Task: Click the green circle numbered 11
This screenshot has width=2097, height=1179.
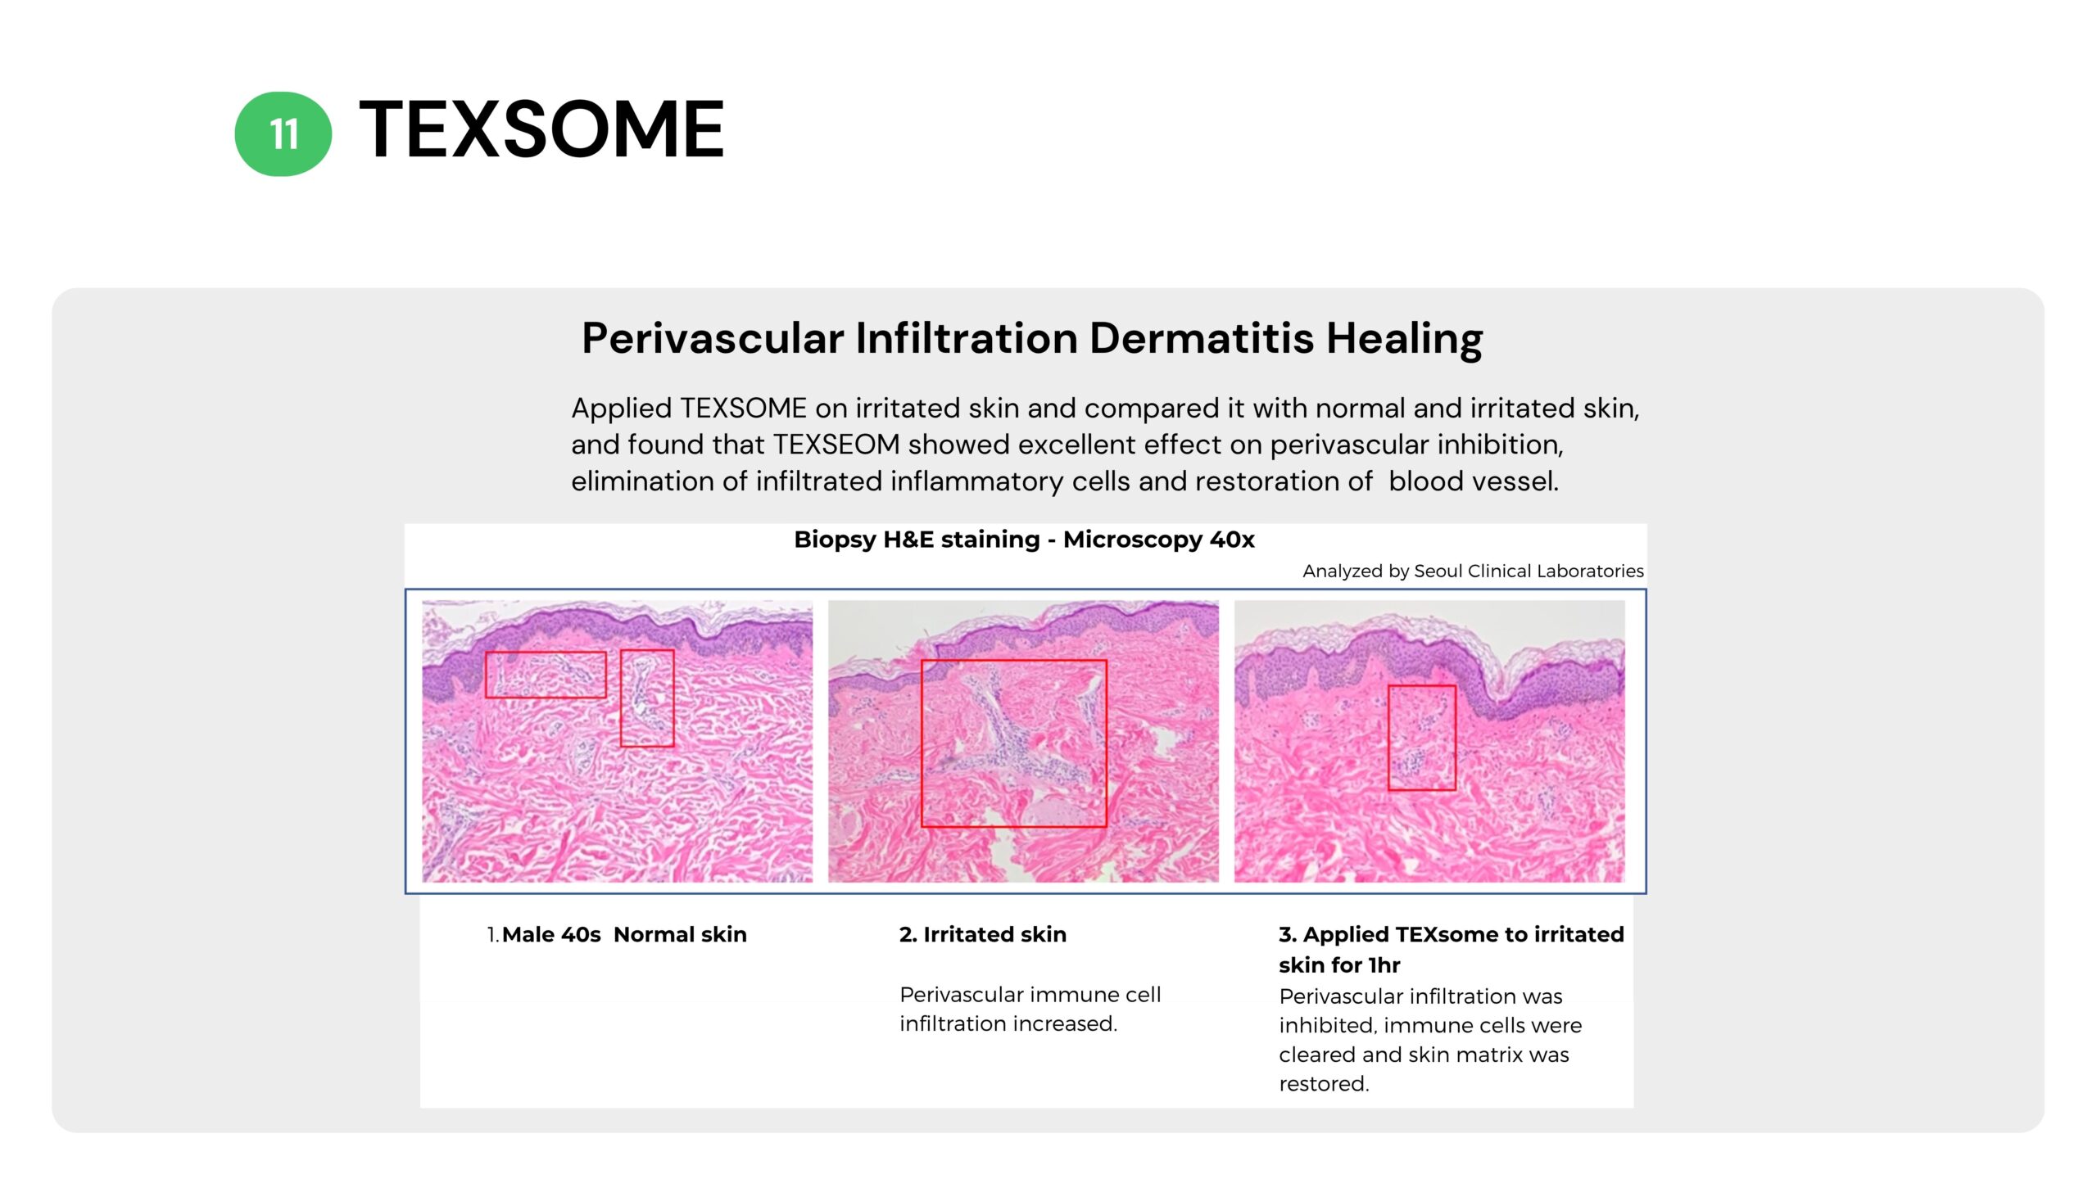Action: point(283,133)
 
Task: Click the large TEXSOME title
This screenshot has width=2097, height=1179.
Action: point(541,129)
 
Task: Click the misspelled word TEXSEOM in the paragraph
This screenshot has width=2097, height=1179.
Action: point(836,445)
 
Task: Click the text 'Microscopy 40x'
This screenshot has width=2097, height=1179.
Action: point(1159,540)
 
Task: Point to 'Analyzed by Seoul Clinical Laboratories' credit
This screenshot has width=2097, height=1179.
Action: point(1473,571)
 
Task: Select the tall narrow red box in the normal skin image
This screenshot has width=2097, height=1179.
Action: point(621,698)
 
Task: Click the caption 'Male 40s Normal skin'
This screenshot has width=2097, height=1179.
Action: point(624,935)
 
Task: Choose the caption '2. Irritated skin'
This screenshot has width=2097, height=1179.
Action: point(983,935)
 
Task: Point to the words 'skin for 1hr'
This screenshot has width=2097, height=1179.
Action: point(1339,965)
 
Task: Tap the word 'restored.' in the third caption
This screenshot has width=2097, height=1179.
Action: point(1324,1084)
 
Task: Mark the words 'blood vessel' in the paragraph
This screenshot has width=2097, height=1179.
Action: point(1473,481)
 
